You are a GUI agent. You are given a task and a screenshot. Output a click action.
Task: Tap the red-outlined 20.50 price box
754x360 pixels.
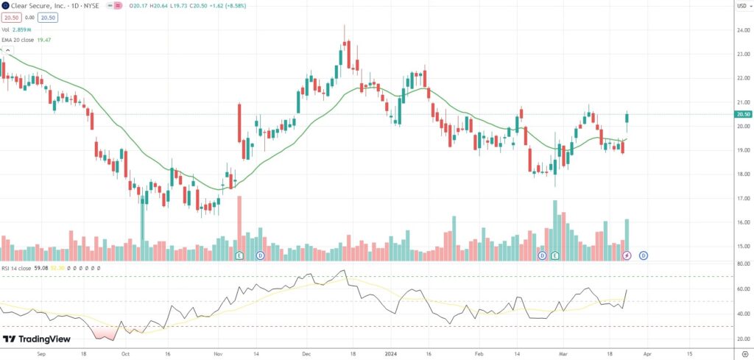10,17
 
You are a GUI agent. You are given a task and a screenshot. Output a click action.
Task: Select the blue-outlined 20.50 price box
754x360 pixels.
47,17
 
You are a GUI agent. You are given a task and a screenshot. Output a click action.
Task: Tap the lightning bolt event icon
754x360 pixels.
627,255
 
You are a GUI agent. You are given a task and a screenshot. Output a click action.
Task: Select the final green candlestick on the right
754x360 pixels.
627,117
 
